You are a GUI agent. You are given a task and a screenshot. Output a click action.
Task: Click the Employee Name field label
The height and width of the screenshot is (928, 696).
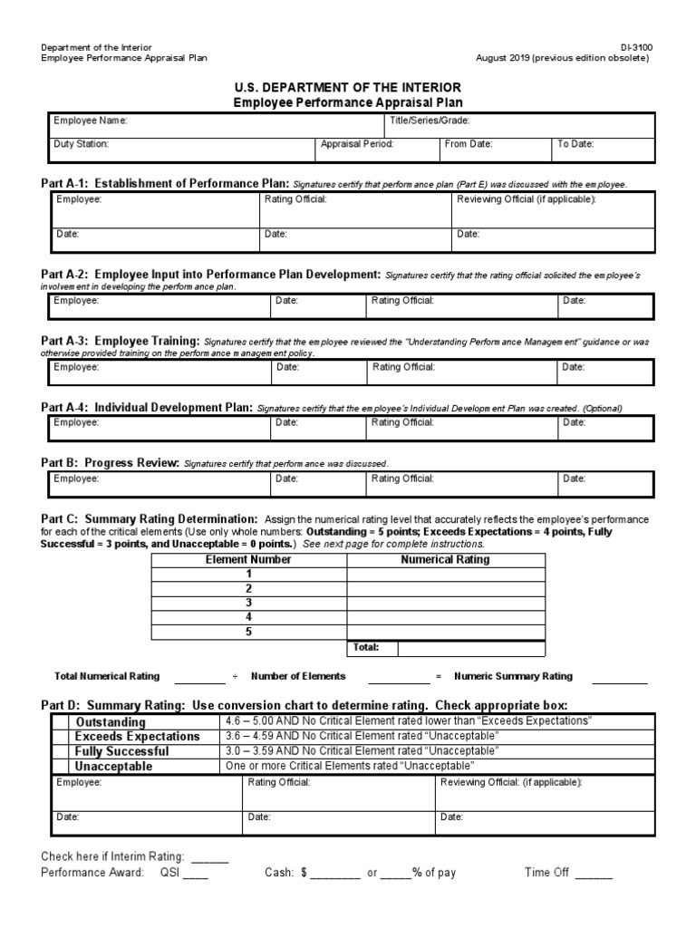tap(91, 121)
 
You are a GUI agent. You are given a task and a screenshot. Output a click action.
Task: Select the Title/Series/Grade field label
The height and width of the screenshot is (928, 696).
tap(429, 121)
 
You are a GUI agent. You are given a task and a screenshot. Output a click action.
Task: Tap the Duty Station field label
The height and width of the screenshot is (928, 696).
tap(82, 144)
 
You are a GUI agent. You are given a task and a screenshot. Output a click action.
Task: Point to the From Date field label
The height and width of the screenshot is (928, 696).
tap(467, 144)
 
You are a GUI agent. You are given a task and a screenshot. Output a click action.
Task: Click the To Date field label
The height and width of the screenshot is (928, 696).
tap(575, 144)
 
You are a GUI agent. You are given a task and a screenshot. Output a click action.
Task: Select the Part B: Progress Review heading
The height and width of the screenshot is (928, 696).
tap(111, 462)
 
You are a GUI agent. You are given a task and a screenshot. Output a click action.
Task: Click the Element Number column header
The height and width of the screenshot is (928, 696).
tap(248, 560)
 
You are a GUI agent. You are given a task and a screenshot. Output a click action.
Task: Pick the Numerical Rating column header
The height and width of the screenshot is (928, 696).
tap(445, 560)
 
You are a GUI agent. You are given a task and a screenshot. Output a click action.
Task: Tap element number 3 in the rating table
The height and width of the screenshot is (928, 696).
tap(248, 603)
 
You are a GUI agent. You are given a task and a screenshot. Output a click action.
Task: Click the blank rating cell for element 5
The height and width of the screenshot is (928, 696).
tap(446, 633)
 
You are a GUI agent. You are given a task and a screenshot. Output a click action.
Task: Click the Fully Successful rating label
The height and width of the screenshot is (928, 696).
tap(121, 751)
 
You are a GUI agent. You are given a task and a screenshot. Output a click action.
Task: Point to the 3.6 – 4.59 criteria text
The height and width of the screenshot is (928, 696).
tap(362, 736)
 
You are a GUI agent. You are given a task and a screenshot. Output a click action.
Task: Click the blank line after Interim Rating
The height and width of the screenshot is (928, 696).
tap(209, 857)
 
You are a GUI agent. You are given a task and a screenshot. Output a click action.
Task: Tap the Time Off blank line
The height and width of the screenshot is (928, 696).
tap(594, 874)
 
